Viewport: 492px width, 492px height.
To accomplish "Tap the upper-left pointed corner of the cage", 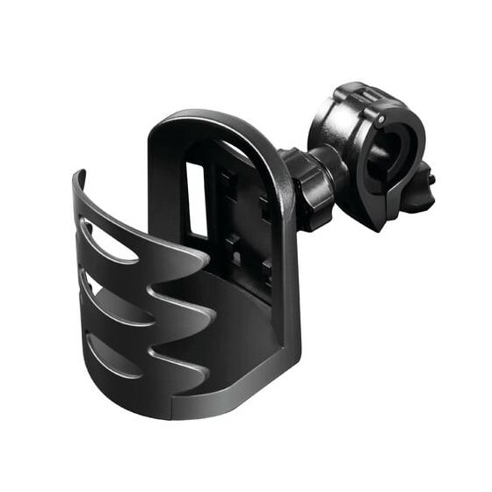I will (x=77, y=174).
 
